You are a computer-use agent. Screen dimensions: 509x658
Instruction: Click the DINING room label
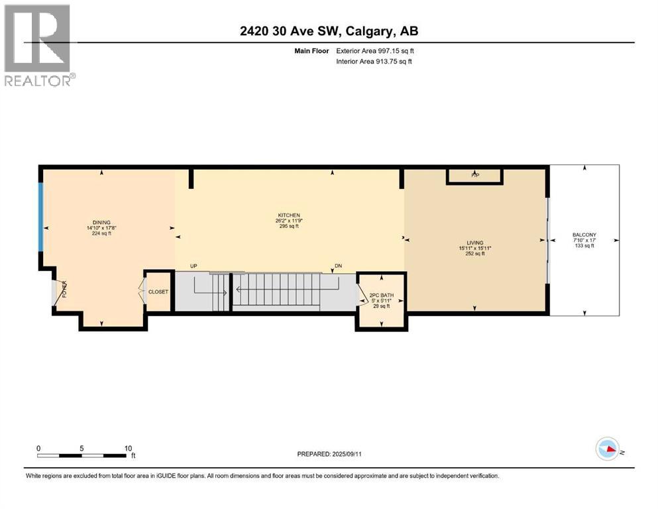pyautogui.click(x=101, y=222)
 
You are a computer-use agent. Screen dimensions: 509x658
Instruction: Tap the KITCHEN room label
pyautogui.click(x=289, y=215)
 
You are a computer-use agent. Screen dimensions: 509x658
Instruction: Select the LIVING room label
pyautogui.click(x=474, y=243)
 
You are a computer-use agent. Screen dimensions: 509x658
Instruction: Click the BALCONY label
pyautogui.click(x=584, y=235)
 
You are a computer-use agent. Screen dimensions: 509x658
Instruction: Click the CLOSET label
pyautogui.click(x=158, y=291)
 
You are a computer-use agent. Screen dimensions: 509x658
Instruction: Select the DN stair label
pyautogui.click(x=337, y=266)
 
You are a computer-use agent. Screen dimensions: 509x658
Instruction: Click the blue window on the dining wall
pyautogui.click(x=41, y=217)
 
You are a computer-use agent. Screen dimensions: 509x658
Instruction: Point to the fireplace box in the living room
pyautogui.click(x=474, y=176)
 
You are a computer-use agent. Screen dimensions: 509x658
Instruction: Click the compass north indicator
pyautogui.click(x=608, y=449)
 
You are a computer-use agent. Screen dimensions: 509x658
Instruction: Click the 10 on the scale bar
pyautogui.click(x=127, y=447)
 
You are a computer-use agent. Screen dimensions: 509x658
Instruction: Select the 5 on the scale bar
pyautogui.click(x=82, y=447)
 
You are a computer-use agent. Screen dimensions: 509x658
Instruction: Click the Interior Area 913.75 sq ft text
pyautogui.click(x=374, y=62)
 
